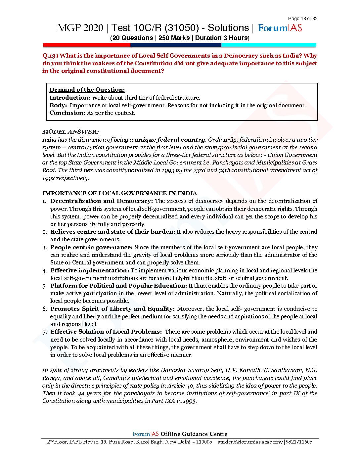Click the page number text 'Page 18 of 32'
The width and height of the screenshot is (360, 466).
302,19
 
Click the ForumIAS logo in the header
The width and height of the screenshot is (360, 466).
280,28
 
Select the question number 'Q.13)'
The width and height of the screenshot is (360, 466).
50,56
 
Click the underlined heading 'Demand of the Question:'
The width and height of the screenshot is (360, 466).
87,90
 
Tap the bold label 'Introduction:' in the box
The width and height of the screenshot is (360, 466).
70,98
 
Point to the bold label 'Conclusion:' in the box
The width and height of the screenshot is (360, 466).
67,113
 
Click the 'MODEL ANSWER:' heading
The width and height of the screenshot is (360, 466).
70,132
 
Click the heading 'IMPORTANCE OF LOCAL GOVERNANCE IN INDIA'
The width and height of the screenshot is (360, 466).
119,193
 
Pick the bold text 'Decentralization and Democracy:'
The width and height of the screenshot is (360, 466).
102,201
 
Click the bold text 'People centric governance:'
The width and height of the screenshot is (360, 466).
91,247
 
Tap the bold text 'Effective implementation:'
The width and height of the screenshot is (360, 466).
89,270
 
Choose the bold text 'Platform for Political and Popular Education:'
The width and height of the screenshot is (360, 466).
119,286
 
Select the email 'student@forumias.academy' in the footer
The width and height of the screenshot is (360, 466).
250,442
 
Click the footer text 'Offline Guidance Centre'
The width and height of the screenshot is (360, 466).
194,434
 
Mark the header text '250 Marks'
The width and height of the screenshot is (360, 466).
174,38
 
